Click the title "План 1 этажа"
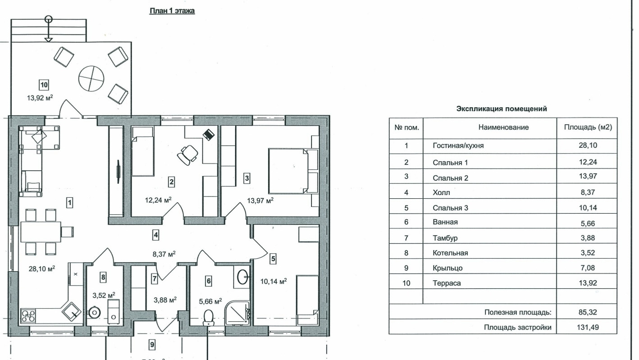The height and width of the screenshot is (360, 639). coord(172,11)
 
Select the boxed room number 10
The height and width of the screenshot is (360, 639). coord(44,84)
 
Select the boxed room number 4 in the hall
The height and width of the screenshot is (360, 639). coord(155,235)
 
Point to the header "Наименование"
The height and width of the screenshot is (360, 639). coord(503,128)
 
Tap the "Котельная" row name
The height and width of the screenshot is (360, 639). coord(450,253)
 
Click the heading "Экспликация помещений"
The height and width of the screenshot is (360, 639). coord(502,109)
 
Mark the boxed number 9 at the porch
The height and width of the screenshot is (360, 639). coord(152,345)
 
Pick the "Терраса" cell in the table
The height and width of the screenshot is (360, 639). coord(447,283)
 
